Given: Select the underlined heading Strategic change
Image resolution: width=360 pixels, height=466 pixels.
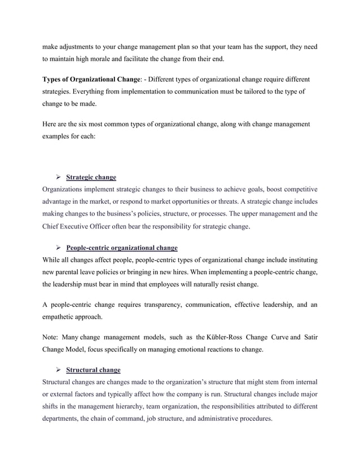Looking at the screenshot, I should (x=91, y=177).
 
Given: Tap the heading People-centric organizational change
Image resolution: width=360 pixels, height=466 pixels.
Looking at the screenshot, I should (x=122, y=248).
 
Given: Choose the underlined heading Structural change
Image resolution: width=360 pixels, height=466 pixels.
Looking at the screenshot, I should (x=93, y=370).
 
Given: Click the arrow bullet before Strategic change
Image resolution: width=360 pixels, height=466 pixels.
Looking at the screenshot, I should (x=58, y=177).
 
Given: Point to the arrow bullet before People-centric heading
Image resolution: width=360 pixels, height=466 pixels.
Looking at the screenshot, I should (x=58, y=248).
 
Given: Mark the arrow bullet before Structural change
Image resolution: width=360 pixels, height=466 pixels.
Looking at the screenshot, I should (x=58, y=370).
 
